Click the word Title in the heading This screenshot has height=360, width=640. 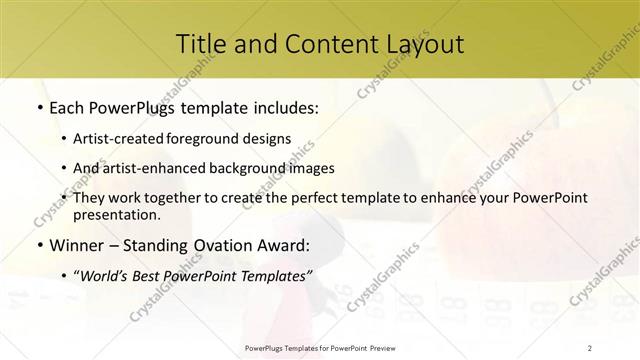pyautogui.click(x=198, y=43)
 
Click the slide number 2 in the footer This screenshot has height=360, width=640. pyautogui.click(x=590, y=347)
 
